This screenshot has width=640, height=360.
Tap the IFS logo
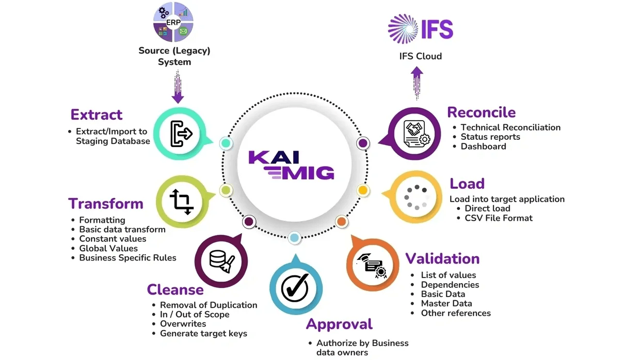click(x=420, y=29)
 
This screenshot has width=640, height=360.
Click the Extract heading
click(x=97, y=114)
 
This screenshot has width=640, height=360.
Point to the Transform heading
click(x=106, y=204)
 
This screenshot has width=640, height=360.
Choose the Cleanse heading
click(x=175, y=289)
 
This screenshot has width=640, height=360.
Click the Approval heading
click(x=339, y=324)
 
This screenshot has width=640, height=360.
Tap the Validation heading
click(x=442, y=258)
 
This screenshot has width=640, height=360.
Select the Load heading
click(x=467, y=184)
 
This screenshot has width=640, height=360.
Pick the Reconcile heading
click(x=481, y=112)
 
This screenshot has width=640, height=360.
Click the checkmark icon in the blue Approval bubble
click(x=295, y=287)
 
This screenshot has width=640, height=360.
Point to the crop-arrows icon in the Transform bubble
click(x=181, y=201)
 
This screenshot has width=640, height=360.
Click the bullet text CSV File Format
click(x=499, y=218)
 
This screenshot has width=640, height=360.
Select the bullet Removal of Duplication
click(x=209, y=305)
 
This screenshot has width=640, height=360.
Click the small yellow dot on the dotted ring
click(x=363, y=190)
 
